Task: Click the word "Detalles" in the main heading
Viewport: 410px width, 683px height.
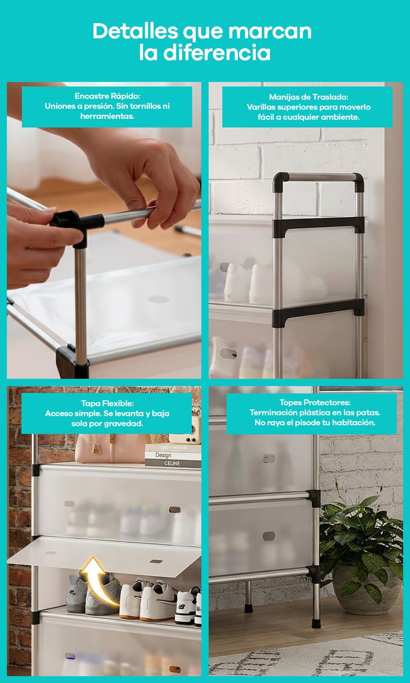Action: pyautogui.click(x=135, y=31)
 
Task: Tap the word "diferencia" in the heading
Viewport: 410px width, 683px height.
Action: pyautogui.click(x=217, y=52)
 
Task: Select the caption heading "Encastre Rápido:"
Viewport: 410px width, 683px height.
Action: pyautogui.click(x=108, y=96)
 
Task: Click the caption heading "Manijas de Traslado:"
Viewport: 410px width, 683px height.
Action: pyautogui.click(x=309, y=97)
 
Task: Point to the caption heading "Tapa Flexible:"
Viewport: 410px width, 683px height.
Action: pyautogui.click(x=108, y=403)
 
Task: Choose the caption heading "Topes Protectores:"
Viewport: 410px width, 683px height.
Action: pyautogui.click(x=315, y=403)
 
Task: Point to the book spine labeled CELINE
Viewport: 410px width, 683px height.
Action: pyautogui.click(x=173, y=464)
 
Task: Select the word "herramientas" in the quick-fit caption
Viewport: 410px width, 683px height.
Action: pyautogui.click(x=107, y=116)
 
